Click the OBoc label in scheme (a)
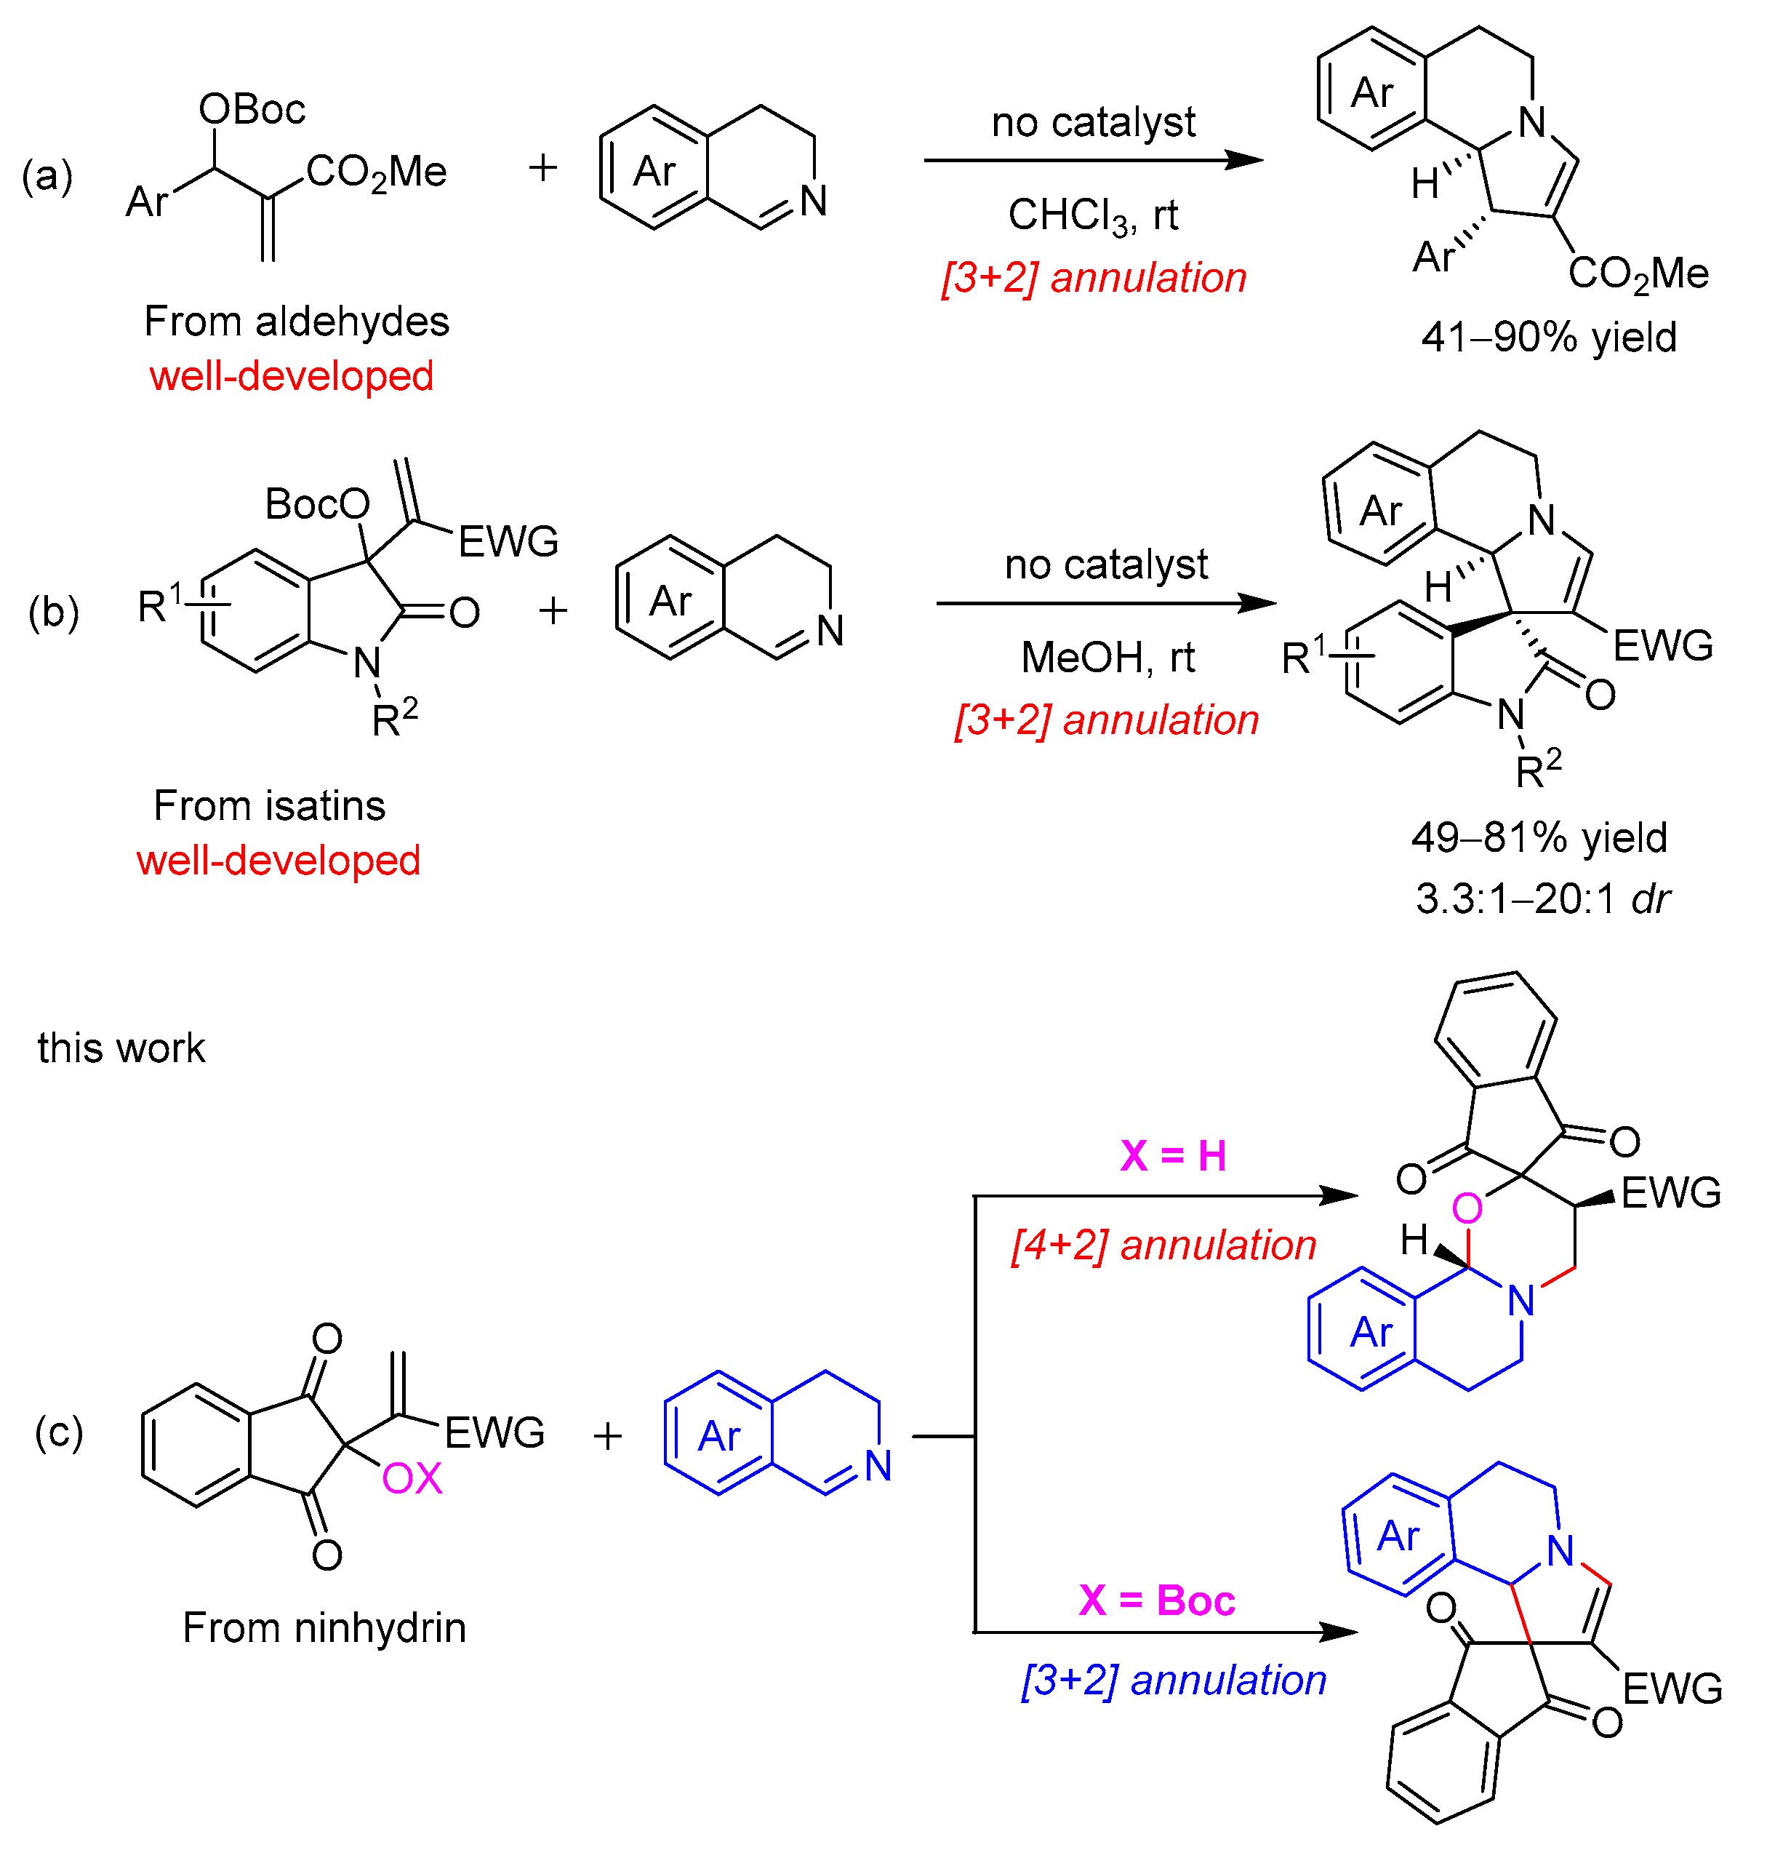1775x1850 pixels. tap(251, 110)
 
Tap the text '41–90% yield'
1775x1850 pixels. tap(1549, 338)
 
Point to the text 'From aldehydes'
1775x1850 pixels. tap(296, 322)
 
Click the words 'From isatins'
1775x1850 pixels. tap(269, 806)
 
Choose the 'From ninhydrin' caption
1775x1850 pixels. tap(324, 1628)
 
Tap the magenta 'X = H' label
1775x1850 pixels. tap(1173, 1156)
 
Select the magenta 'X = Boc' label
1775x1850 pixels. tap(1157, 1600)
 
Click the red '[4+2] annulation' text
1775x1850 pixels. tap(1163, 1246)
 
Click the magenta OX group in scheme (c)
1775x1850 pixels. tap(412, 1479)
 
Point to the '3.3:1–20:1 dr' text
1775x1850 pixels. tap(1542, 898)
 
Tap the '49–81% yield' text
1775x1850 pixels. tap(1539, 838)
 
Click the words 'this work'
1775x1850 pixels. tap(121, 1048)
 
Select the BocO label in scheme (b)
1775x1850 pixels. tap(317, 504)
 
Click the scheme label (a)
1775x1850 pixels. tap(47, 177)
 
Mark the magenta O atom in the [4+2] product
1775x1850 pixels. tap(1467, 1208)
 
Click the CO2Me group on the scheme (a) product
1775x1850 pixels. tap(1638, 274)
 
